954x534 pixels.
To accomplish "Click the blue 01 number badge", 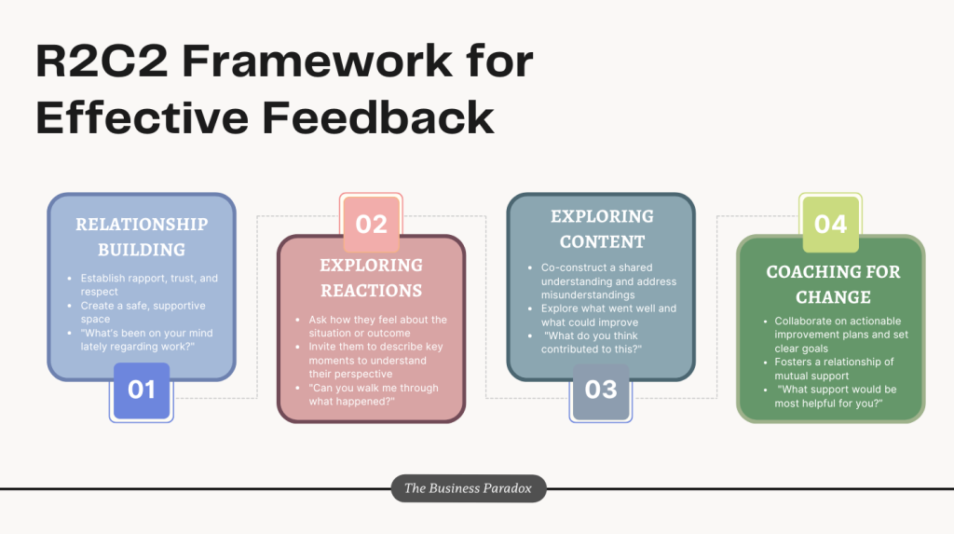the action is pyautogui.click(x=142, y=390).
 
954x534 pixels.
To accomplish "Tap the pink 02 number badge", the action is pyautogui.click(x=371, y=224).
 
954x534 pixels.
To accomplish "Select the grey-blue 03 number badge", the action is pyautogui.click(x=601, y=390).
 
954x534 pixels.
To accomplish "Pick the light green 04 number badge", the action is pyautogui.click(x=830, y=224).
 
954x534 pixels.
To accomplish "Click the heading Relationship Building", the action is pyautogui.click(x=142, y=237).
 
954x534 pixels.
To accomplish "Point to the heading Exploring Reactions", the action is pyautogui.click(x=371, y=278).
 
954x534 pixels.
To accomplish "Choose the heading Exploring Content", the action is pyautogui.click(x=602, y=229).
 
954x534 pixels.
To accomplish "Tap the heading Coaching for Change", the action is pyautogui.click(x=833, y=284).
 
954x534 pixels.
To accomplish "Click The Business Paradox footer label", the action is pyautogui.click(x=468, y=488).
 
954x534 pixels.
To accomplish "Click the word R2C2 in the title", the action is pyautogui.click(x=102, y=62).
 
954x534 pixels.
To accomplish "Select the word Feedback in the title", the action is pyautogui.click(x=378, y=117).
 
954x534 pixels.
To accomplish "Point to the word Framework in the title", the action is pyautogui.click(x=317, y=62).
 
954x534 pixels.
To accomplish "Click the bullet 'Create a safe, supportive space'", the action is pyautogui.click(x=143, y=312).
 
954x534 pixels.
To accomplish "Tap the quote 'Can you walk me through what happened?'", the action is pyautogui.click(x=373, y=394).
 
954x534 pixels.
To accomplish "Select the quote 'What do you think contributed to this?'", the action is pyautogui.click(x=592, y=342).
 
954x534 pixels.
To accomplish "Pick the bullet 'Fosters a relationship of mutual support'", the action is pyautogui.click(x=834, y=369).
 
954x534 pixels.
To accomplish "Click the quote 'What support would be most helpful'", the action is pyautogui.click(x=836, y=396).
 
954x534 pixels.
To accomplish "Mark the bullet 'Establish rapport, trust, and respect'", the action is pyautogui.click(x=149, y=285).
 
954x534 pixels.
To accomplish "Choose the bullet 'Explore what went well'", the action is pyautogui.click(x=608, y=315).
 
